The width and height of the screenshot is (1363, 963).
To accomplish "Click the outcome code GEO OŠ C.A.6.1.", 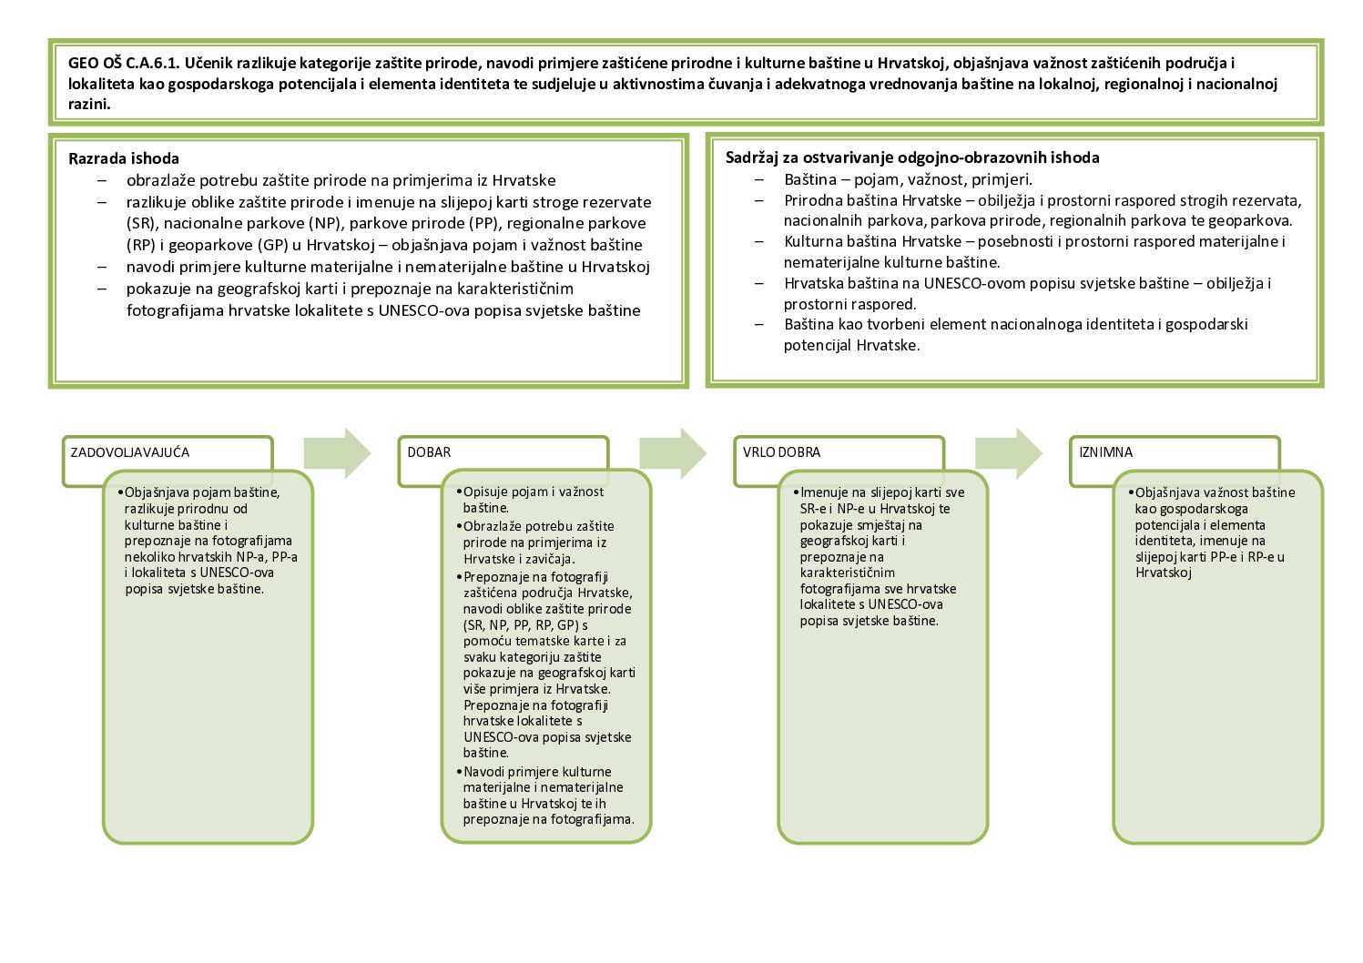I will (x=121, y=64).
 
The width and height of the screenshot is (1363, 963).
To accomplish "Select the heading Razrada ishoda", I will (x=124, y=158).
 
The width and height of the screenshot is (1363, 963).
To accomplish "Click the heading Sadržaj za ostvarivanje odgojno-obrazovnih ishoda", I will (x=912, y=157).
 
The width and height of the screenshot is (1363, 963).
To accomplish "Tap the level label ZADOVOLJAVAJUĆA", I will (x=130, y=452).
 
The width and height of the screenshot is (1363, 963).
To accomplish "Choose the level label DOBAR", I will (x=429, y=452).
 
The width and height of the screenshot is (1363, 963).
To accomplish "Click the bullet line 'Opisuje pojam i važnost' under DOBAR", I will (x=534, y=492).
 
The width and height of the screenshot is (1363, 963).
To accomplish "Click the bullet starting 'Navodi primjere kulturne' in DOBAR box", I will (x=537, y=772).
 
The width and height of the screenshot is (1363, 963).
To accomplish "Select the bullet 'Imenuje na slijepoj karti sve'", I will (x=882, y=492).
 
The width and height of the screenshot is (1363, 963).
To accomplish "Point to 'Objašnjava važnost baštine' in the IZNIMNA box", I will (x=1215, y=492).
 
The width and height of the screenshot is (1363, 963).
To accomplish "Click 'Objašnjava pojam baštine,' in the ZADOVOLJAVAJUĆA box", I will (x=202, y=492).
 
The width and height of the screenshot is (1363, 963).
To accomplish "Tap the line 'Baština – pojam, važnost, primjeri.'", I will (x=908, y=179).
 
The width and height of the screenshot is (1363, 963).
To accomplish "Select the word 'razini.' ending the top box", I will (x=89, y=104).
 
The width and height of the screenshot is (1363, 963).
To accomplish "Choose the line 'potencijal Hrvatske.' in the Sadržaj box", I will (x=851, y=345).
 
